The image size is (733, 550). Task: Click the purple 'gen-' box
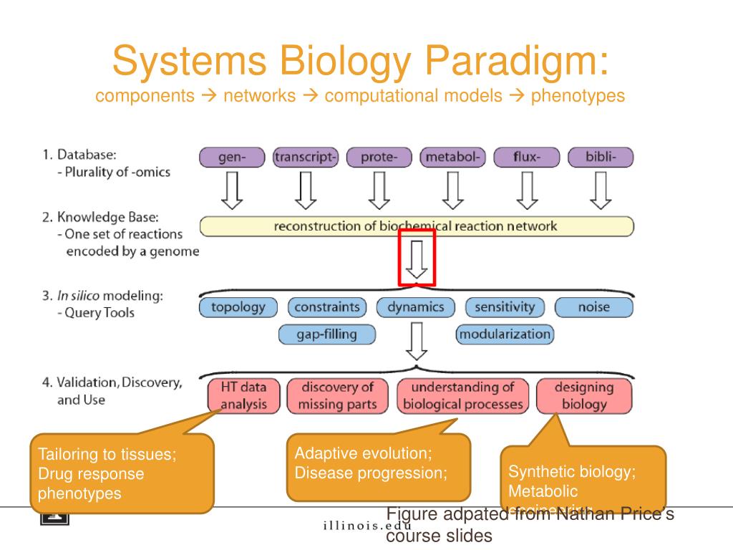(x=232, y=158)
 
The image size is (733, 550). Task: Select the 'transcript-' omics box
(x=306, y=158)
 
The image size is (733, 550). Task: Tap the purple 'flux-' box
(x=527, y=158)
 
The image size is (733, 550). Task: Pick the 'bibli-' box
(x=601, y=158)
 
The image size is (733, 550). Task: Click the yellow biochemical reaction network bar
(x=416, y=226)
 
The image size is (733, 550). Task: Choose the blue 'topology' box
(x=238, y=308)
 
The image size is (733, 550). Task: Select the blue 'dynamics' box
(x=416, y=308)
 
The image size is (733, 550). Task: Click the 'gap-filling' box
(x=326, y=334)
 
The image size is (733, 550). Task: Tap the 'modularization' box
(x=505, y=334)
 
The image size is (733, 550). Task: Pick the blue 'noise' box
(x=593, y=308)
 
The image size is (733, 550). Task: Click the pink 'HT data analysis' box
(x=243, y=396)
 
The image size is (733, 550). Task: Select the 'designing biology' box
(x=584, y=396)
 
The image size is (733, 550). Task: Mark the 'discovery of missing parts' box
(x=337, y=396)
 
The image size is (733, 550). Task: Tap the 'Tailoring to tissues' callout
(x=122, y=473)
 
